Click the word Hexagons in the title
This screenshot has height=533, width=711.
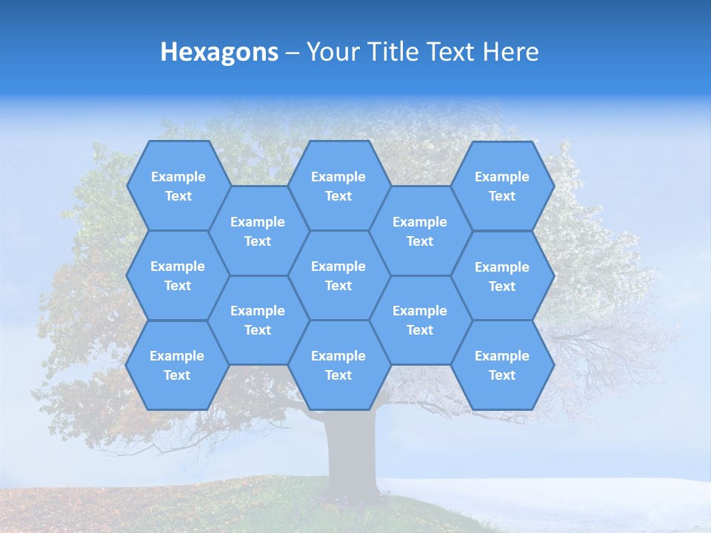point(219,52)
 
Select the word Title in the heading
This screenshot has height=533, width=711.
point(397,52)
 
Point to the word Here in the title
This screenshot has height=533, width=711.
point(510,52)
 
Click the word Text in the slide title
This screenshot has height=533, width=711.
point(453,52)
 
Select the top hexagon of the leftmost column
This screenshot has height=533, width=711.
point(178,186)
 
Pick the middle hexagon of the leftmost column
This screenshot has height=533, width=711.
point(178,275)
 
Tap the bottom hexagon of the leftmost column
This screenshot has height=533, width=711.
point(177,365)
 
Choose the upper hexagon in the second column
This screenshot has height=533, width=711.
point(258,231)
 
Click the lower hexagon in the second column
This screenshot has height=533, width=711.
point(258,320)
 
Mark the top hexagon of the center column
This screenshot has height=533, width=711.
point(338,186)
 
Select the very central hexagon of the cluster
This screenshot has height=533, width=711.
point(338,275)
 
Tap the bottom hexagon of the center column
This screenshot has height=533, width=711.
point(338,365)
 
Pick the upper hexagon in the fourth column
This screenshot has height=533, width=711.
point(420,231)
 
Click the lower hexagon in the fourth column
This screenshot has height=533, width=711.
point(420,320)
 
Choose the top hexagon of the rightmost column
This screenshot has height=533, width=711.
point(502,186)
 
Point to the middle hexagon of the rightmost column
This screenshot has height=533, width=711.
point(502,276)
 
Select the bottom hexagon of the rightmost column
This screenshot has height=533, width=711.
point(502,365)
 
